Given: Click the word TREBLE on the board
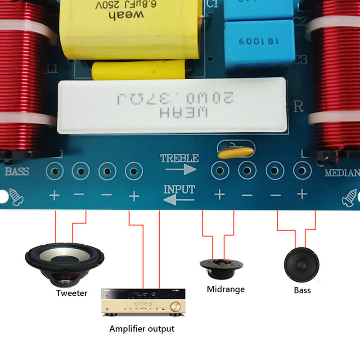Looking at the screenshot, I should click(x=179, y=158).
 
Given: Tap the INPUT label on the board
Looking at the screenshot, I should click(x=179, y=189).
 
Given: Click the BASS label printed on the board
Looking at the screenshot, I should click(x=17, y=171).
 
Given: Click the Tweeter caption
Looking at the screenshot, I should click(x=72, y=293).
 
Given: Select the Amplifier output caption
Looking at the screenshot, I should click(x=142, y=329).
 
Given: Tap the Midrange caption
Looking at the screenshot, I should click(x=225, y=289).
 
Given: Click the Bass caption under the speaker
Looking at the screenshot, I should click(x=302, y=290).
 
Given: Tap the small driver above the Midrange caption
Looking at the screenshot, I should click(x=221, y=267).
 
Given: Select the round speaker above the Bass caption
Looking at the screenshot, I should click(x=301, y=265).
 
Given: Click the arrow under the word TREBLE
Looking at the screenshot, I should click(x=180, y=169).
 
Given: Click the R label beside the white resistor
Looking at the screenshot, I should click(x=298, y=107).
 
